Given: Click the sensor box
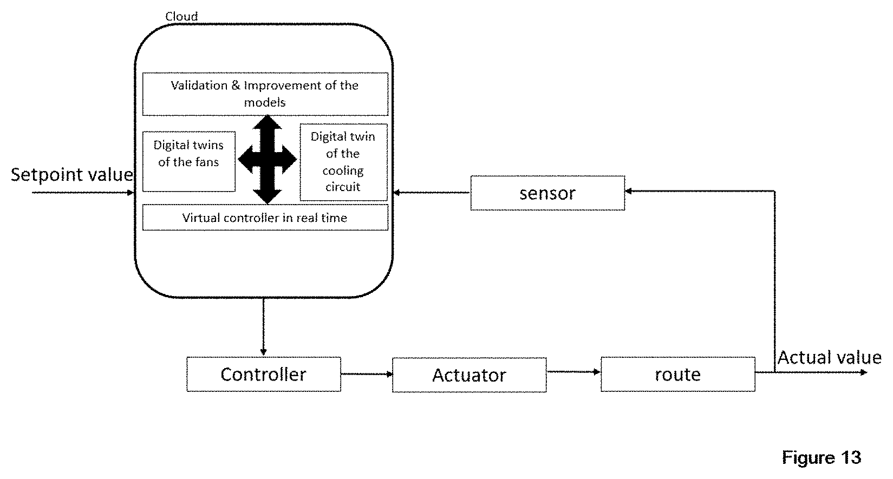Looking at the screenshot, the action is point(547,193).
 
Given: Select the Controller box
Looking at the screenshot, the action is point(264,374).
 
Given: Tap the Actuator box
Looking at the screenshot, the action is point(469,375).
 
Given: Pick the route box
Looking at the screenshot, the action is point(677,374).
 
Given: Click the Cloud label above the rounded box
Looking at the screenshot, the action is point(181,16).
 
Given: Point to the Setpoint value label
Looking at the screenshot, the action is point(72,174).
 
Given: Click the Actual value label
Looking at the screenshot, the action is point(829,357).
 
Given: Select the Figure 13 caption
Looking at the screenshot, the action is point(821,457).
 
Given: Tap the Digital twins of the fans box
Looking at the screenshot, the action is point(188,161).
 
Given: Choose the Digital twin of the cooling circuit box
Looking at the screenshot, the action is point(343,162).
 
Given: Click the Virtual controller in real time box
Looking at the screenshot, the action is point(265,218).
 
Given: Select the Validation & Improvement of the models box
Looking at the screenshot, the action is point(265,94).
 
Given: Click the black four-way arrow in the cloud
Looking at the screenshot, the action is point(268,160).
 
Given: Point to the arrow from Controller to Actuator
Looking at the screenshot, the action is point(367,374).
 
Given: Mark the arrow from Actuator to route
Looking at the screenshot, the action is point(573,372).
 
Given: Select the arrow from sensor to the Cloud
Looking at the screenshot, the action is point(432,193).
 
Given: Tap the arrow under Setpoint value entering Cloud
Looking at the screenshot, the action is point(82,193).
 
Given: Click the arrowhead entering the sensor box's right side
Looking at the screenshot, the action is point(628,191).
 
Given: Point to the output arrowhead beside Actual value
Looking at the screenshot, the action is point(864,372).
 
